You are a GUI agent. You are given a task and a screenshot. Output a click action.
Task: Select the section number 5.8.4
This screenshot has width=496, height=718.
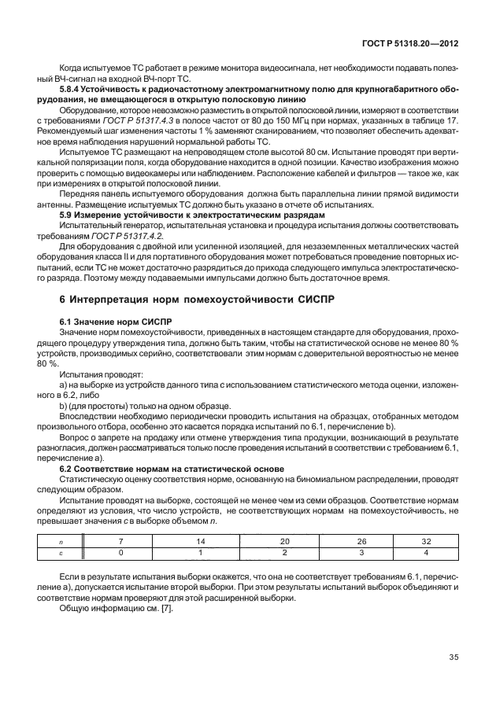(x=72, y=90)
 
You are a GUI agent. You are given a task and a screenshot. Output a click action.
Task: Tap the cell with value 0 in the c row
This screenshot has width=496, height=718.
(x=121, y=553)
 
